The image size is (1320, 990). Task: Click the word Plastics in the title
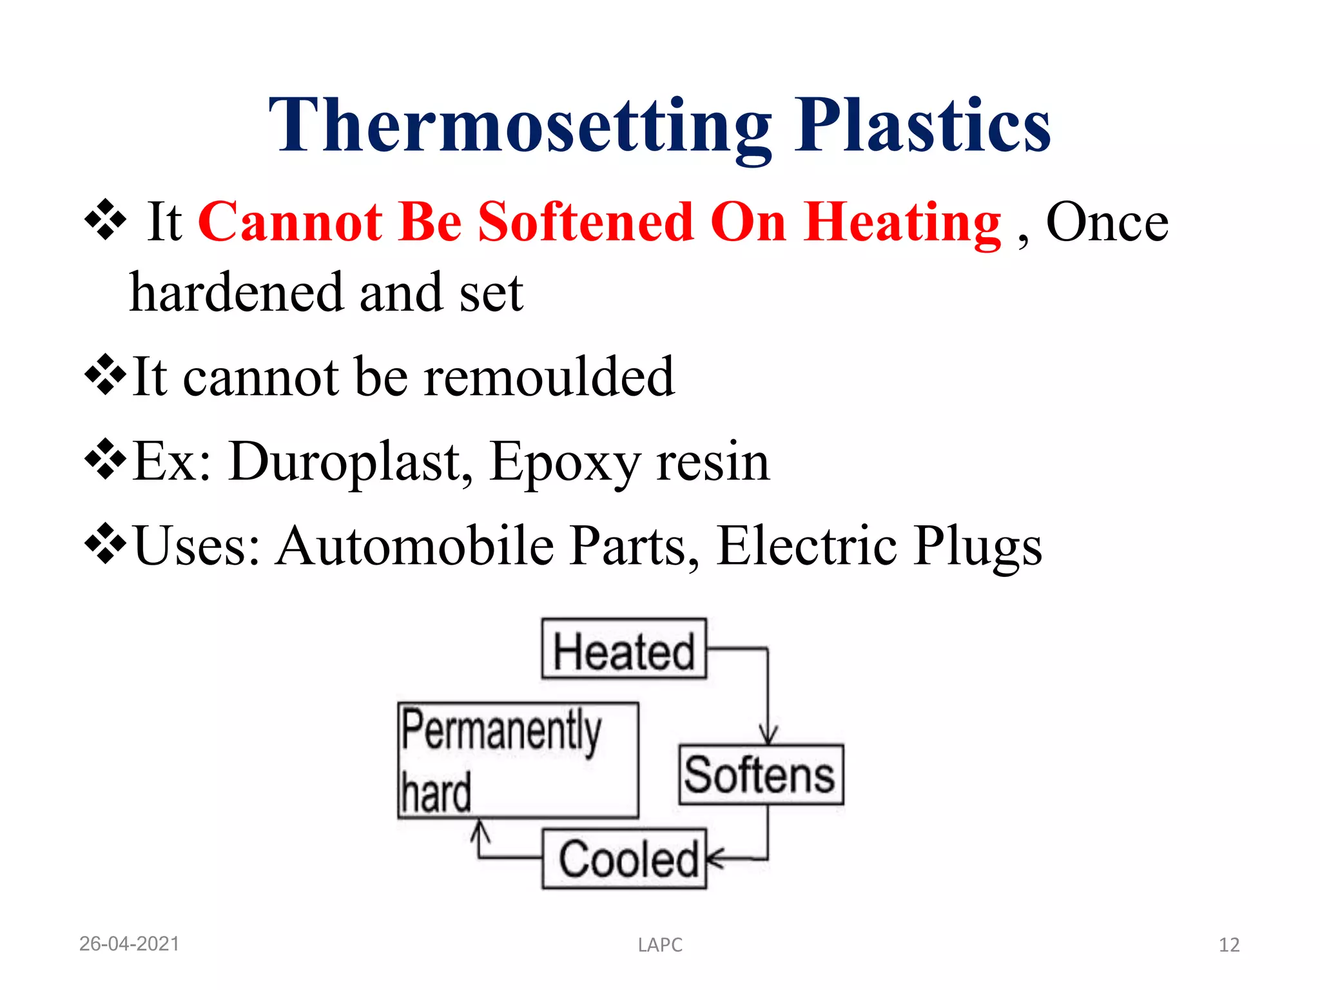click(x=922, y=126)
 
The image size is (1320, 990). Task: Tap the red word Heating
click(x=902, y=223)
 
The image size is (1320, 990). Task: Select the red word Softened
click(x=585, y=222)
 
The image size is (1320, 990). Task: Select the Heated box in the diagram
click(x=624, y=649)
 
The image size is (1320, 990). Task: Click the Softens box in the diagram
click(x=761, y=775)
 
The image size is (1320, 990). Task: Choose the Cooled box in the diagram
click(x=624, y=859)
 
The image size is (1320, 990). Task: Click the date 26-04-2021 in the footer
click(x=129, y=944)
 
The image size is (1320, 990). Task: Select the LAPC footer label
click(x=660, y=945)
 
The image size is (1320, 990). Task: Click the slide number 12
click(x=1229, y=945)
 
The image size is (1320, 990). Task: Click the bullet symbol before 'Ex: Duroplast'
click(x=105, y=460)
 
